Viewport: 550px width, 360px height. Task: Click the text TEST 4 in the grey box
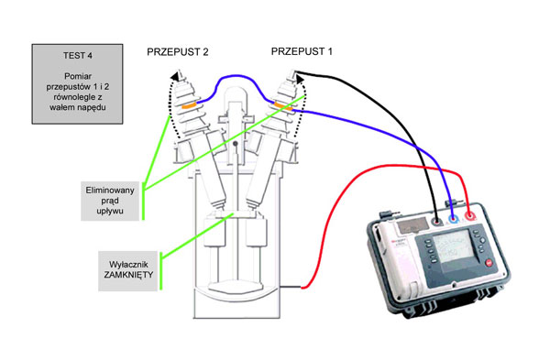point(78,56)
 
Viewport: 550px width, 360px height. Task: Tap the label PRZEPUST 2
point(178,52)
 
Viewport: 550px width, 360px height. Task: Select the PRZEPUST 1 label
point(302,51)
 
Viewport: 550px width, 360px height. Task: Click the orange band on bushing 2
point(188,105)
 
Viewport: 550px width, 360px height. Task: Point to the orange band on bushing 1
point(283,106)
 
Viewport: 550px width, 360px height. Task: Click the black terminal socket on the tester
point(436,221)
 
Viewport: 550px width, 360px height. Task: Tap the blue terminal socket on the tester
point(453,220)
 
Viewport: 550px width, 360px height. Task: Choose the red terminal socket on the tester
point(469,217)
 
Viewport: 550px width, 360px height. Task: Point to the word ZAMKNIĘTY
point(128,275)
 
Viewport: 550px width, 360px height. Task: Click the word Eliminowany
point(110,191)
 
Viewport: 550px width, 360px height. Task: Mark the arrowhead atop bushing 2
point(174,76)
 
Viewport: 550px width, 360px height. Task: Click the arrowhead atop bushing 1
point(300,79)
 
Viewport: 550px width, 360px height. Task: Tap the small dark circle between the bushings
point(236,144)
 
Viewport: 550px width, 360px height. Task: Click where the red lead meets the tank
point(302,288)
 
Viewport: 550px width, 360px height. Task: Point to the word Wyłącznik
point(128,265)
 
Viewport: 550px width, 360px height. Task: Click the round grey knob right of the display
point(483,241)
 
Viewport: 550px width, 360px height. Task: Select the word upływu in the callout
point(110,211)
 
